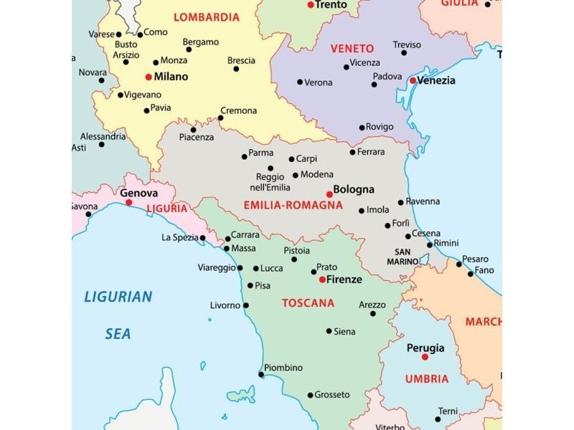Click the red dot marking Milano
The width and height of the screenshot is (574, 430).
coord(149,77)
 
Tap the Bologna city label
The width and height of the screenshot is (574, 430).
coord(354,190)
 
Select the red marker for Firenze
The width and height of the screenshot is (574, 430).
coord(322,279)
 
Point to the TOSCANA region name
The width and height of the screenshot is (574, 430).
coord(308,303)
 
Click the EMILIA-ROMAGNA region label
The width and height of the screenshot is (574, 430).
coord(293,206)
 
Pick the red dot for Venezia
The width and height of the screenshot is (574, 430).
coord(413,80)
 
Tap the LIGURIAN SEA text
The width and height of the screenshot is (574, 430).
coord(118,315)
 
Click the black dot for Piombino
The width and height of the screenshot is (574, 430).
coord(261,373)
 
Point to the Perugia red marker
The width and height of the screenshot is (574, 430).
coord(425,356)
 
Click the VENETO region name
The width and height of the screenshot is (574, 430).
coord(352,49)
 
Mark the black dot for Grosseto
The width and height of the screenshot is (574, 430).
coord(310,395)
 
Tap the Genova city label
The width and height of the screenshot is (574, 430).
coord(138,193)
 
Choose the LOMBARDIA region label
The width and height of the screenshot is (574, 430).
coord(207,17)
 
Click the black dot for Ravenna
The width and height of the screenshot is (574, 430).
coord(401,202)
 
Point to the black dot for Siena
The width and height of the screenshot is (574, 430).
coord(329,331)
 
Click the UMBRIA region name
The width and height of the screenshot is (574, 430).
coord(426,379)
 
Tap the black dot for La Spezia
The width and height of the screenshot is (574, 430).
coord(203,238)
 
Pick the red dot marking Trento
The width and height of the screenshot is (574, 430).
coord(311,5)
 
